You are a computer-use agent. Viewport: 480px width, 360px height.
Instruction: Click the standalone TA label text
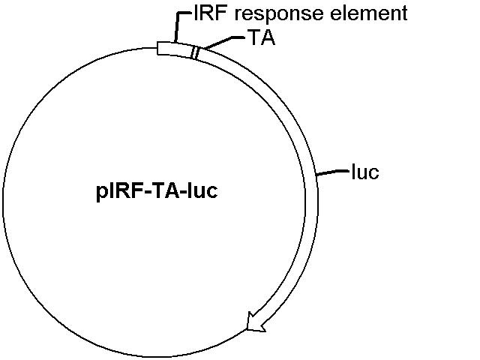[x=262, y=37]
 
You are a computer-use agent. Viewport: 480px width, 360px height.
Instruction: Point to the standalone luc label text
[x=365, y=172]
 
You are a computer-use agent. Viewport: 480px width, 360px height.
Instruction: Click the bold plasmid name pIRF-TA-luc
[x=157, y=191]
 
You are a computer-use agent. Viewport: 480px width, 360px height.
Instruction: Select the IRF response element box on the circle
[x=175, y=49]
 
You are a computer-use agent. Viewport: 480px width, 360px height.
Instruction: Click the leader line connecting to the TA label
[x=223, y=42]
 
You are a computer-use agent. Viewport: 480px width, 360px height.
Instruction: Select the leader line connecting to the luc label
[x=333, y=172]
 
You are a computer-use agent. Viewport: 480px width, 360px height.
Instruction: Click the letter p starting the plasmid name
[x=101, y=193]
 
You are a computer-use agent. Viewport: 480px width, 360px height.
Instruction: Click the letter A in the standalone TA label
[x=268, y=37]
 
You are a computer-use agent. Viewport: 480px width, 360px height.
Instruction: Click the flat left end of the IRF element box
[x=157, y=48]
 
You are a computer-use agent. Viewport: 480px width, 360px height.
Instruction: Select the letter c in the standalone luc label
[x=373, y=173]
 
